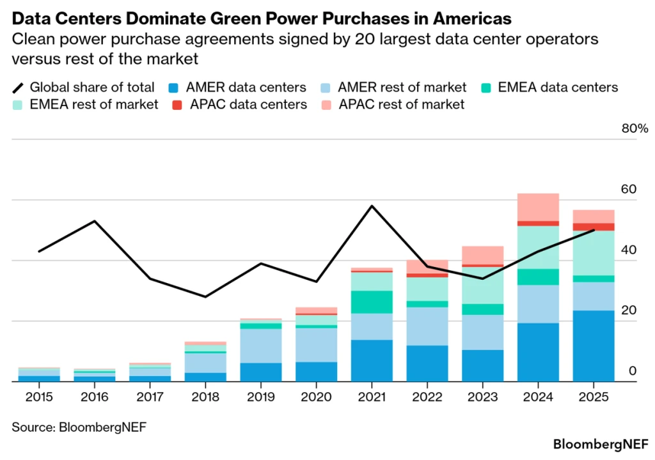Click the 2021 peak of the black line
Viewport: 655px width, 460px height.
coord(372,206)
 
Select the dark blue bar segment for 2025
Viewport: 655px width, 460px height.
coord(594,346)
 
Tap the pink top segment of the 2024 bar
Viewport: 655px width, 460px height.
coord(538,206)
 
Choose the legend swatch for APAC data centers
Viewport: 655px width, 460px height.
coord(177,104)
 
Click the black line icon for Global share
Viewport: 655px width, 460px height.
coord(19,87)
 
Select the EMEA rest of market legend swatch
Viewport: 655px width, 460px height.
coord(19,104)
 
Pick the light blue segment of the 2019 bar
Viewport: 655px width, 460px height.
coord(261,346)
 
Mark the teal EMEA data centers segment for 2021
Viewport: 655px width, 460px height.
coord(372,302)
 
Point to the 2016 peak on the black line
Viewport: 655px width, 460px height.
coord(95,221)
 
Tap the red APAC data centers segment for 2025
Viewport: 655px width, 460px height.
coord(594,227)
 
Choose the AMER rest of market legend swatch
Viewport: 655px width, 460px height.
coord(325,87)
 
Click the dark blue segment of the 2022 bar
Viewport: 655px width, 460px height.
coord(427,363)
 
